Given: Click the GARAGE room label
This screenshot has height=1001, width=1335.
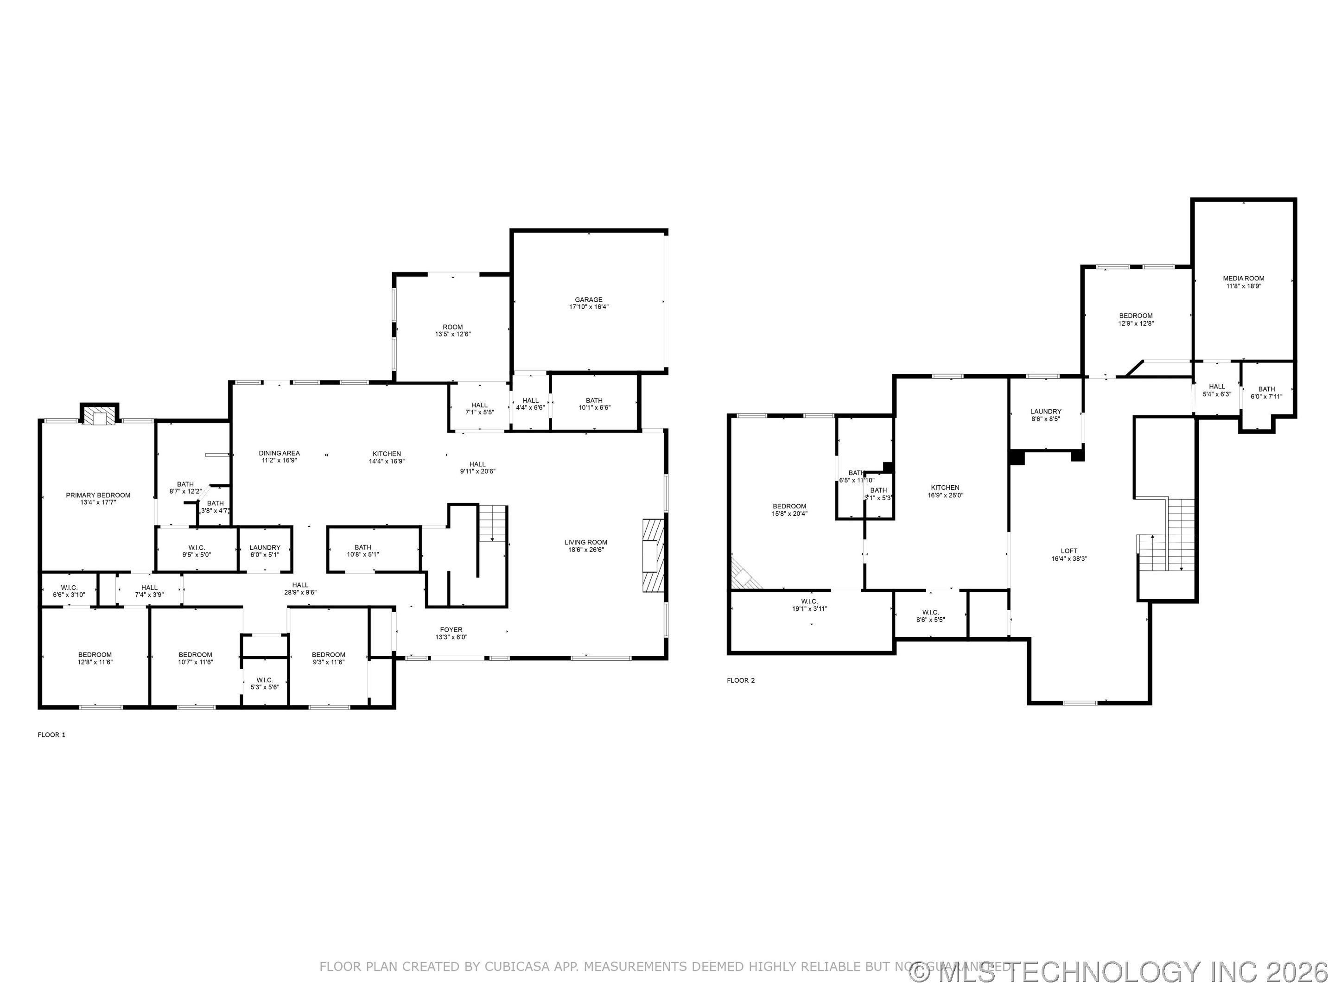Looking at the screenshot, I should tap(588, 299).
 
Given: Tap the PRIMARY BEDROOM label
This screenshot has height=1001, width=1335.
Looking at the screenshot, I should tap(98, 495).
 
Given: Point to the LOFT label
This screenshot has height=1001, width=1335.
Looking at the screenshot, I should tap(1069, 551).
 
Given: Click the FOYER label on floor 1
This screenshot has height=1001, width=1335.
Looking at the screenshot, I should tap(451, 630).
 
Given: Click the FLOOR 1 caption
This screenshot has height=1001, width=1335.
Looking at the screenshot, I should tap(51, 735).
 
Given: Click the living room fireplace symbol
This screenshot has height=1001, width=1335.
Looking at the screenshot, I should tap(652, 554).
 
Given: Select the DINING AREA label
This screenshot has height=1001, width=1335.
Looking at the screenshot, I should tap(279, 453).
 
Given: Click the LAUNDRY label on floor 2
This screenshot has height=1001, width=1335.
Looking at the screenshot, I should tap(1045, 412).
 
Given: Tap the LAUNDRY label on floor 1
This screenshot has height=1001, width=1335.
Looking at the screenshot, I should tap(265, 547).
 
